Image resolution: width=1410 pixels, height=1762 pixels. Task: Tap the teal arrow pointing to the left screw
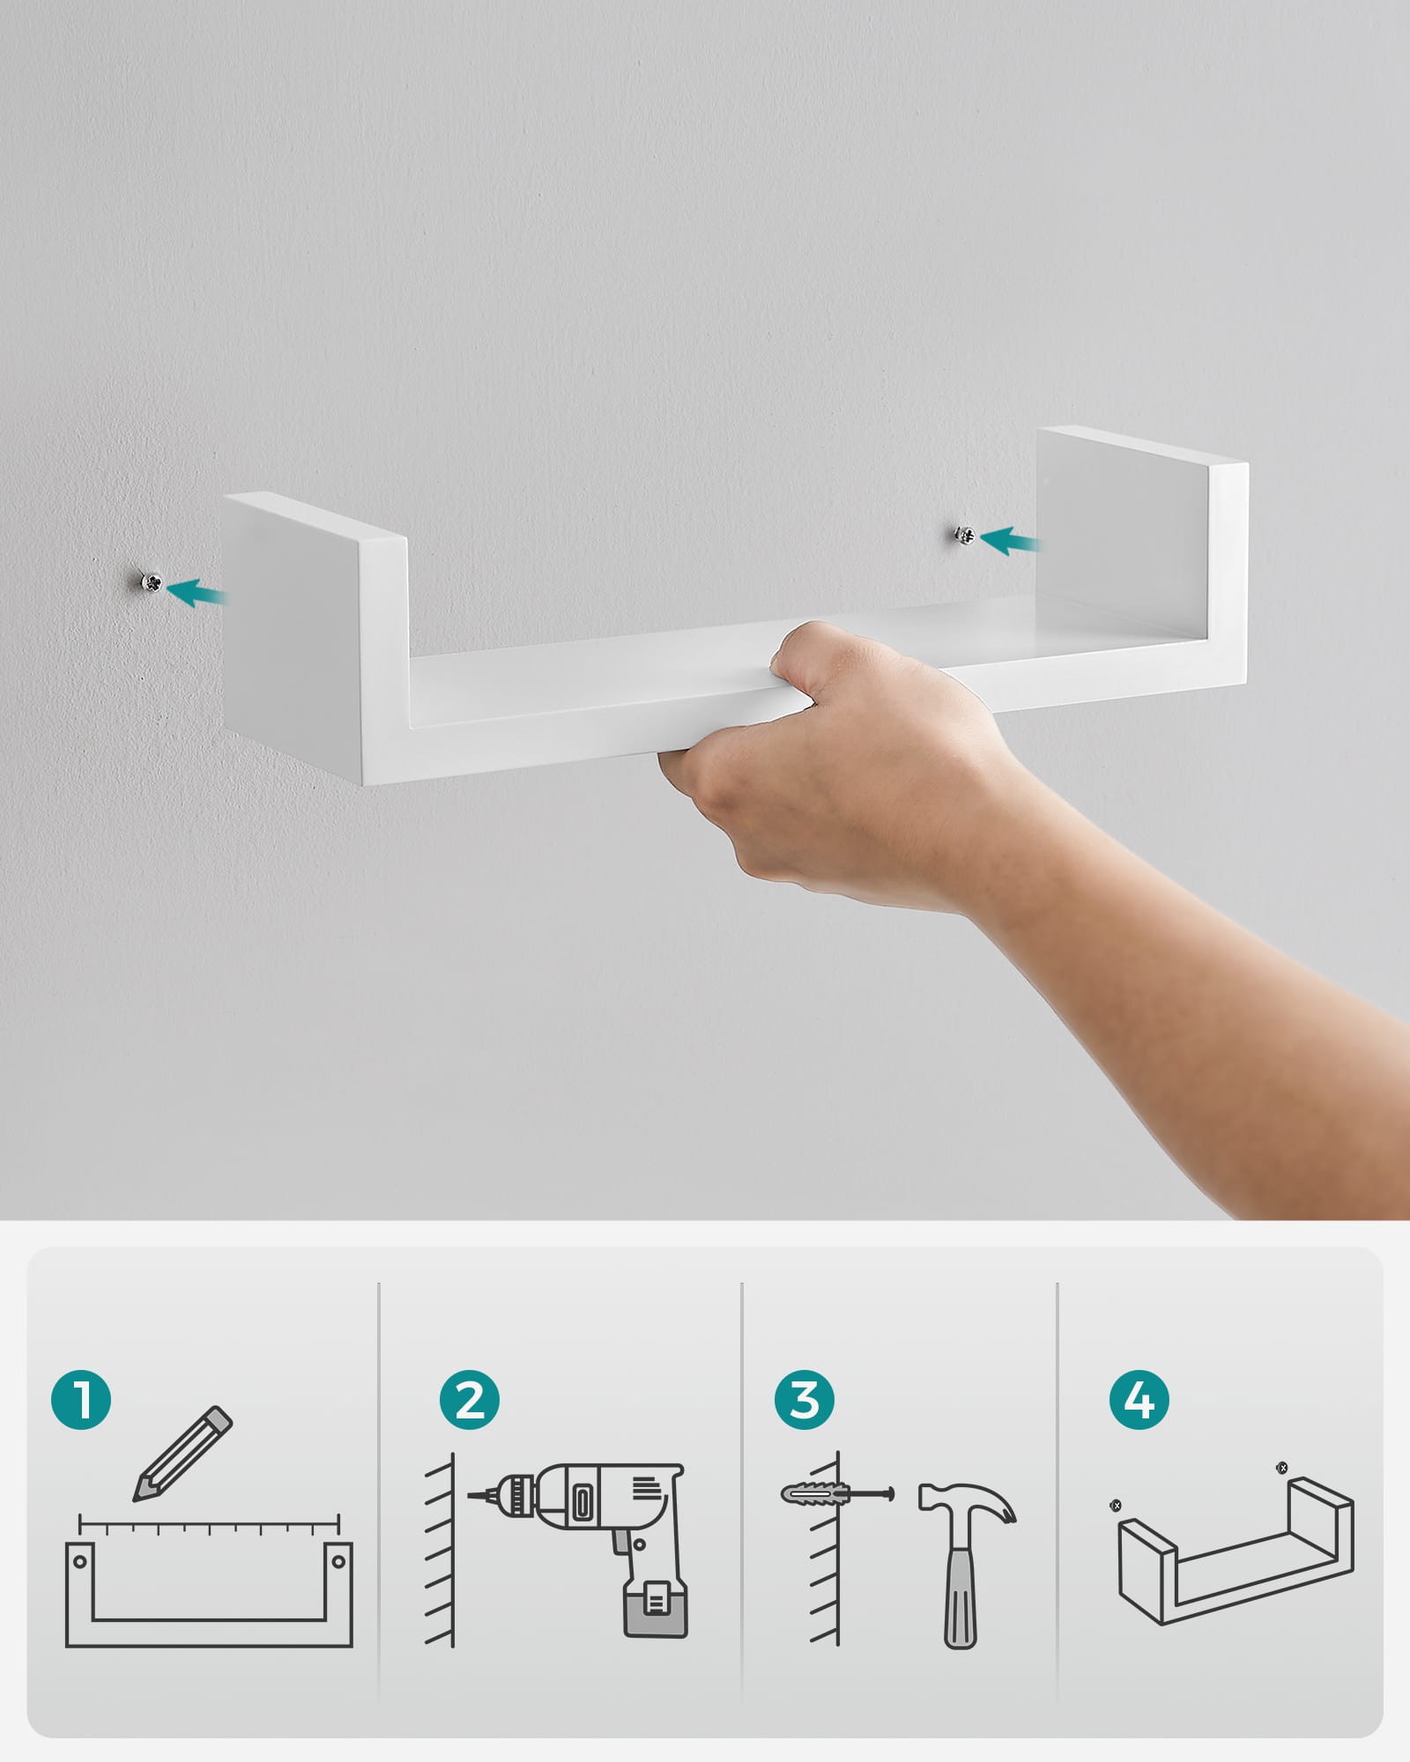click(x=197, y=593)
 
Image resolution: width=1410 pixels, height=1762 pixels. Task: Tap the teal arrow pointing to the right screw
click(x=1011, y=540)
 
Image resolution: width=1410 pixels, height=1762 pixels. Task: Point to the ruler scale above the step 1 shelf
click(x=210, y=1521)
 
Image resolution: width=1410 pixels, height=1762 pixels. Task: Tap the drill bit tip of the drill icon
click(x=470, y=1494)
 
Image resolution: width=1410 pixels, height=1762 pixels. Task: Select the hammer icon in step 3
click(x=966, y=1564)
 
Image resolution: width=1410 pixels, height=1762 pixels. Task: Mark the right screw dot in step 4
click(x=1282, y=1468)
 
